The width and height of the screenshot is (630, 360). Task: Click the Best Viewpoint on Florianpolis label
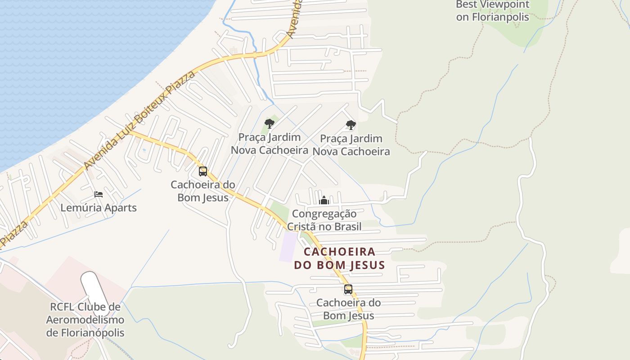[493, 11]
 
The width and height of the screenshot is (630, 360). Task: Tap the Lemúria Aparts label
[99, 208]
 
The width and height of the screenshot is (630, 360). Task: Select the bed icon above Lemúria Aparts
[99, 194]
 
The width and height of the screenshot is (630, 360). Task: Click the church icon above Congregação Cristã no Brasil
[324, 200]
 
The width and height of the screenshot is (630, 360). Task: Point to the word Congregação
[324, 213]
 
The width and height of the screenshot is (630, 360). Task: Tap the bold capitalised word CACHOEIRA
[339, 252]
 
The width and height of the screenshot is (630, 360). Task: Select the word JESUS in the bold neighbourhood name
[365, 265]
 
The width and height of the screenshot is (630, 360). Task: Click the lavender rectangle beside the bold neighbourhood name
[288, 246]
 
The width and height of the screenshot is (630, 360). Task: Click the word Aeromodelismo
[85, 320]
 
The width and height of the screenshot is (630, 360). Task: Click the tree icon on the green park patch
[270, 123]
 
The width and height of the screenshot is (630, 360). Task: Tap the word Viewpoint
[504, 4]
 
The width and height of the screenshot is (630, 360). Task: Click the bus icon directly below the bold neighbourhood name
[348, 289]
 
